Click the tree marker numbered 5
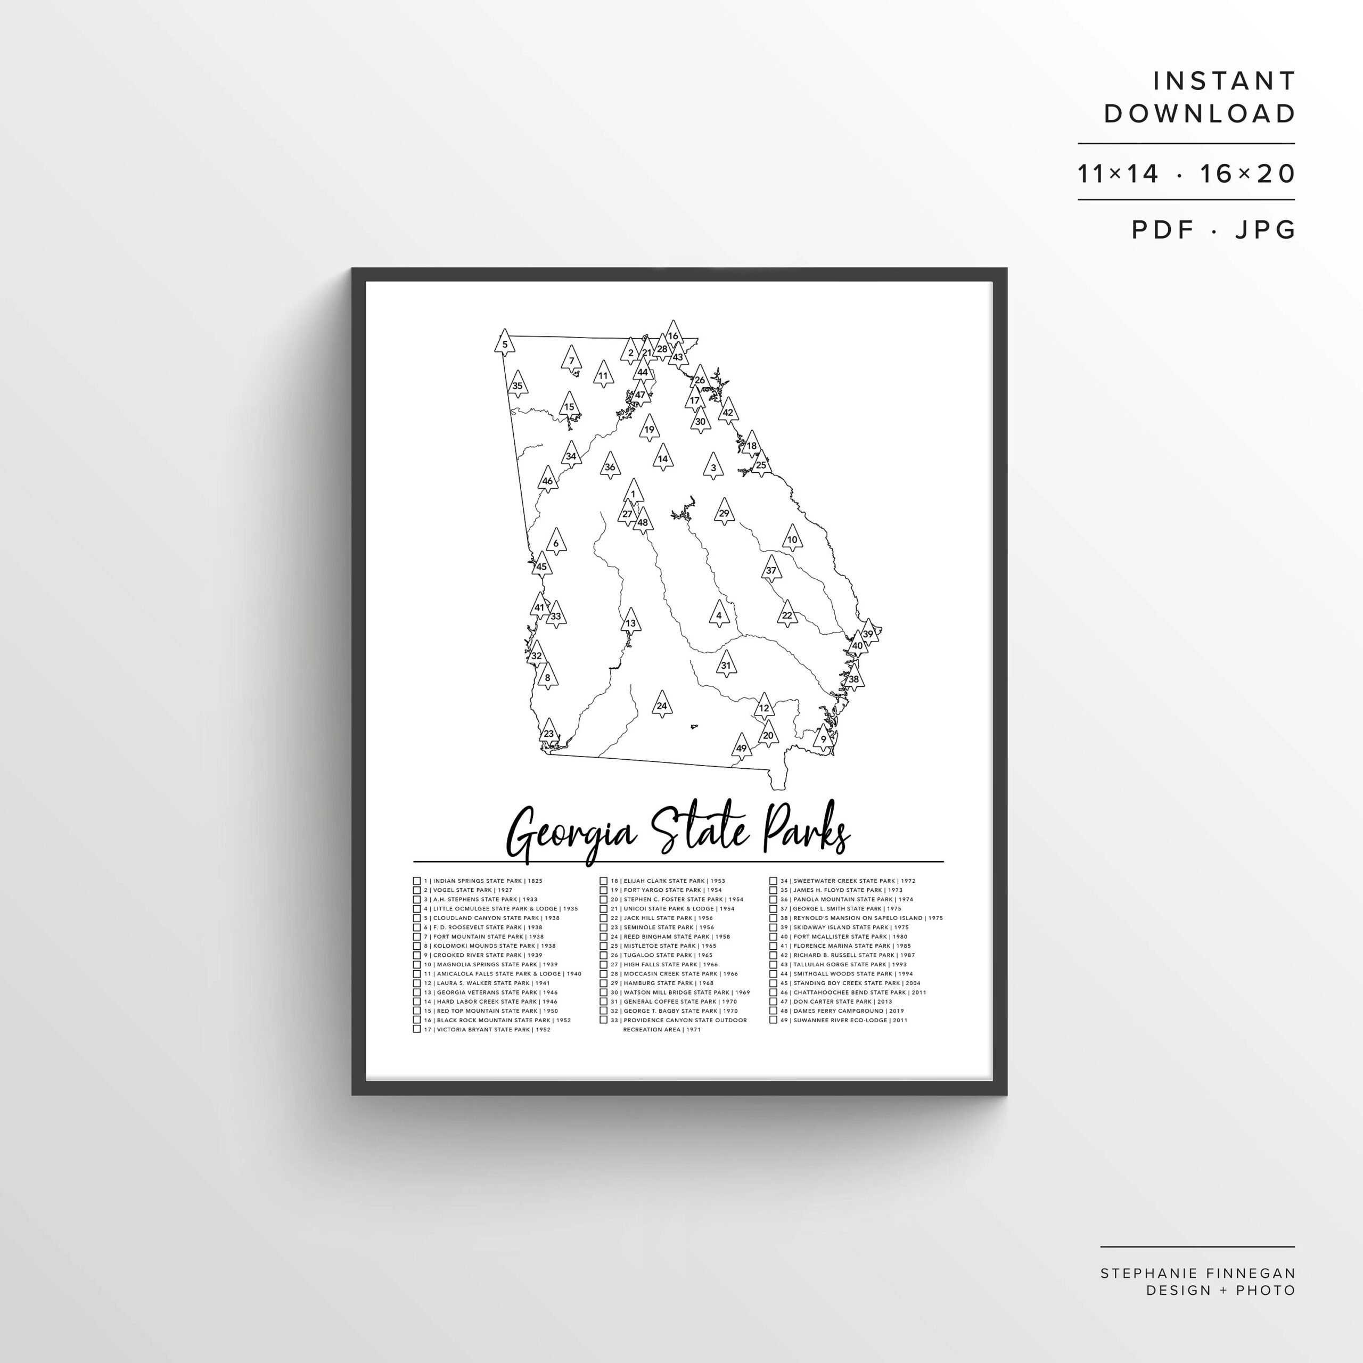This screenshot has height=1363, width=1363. [504, 343]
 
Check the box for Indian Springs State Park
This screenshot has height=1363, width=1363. [417, 881]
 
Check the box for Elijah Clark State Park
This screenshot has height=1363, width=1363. [604, 881]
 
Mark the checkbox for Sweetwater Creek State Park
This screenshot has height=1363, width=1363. [773, 881]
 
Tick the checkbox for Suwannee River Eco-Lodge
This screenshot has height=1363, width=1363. [773, 1020]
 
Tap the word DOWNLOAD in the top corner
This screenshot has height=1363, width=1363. [1200, 113]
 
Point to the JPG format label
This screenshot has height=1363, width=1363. [1265, 229]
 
